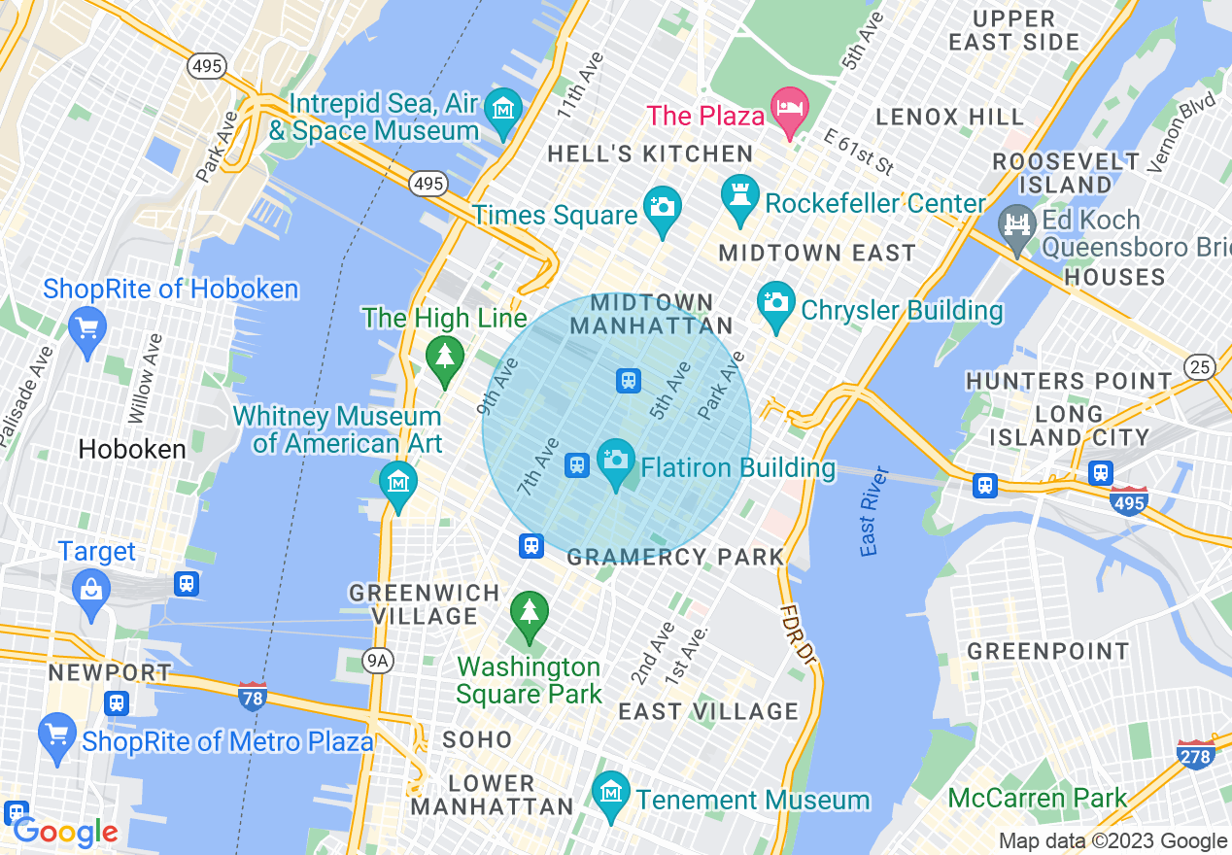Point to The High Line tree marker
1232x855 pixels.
pyautogui.click(x=445, y=356)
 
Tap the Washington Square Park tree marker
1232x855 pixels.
pyautogui.click(x=529, y=614)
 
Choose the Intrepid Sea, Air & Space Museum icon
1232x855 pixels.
pyautogui.click(x=503, y=110)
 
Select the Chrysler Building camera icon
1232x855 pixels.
pyautogui.click(x=775, y=302)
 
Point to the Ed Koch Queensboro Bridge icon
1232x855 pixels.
pyautogui.click(x=1017, y=226)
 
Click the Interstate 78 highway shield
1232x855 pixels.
pyautogui.click(x=253, y=696)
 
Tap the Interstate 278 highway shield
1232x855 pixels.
pyautogui.click(x=1194, y=754)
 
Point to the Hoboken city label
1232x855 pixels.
pyautogui.click(x=132, y=449)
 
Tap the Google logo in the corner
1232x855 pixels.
pyautogui.click(x=65, y=833)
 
